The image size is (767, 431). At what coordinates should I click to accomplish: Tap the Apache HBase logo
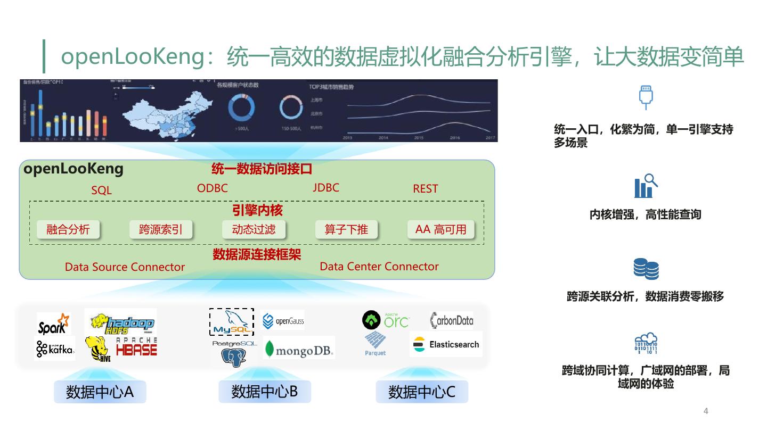click(x=136, y=346)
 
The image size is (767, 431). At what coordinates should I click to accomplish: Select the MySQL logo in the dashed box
click(x=231, y=322)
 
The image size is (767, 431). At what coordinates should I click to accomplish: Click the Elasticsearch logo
click(x=446, y=344)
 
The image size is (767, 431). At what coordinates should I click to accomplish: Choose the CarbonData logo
click(x=451, y=320)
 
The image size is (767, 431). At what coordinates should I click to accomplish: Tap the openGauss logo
click(x=283, y=321)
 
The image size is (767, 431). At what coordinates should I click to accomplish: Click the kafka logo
click(x=55, y=349)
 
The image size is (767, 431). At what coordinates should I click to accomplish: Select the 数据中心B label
click(x=264, y=392)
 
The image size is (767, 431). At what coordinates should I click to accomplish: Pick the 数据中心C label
click(x=421, y=392)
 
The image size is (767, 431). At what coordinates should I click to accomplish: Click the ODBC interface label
click(x=212, y=188)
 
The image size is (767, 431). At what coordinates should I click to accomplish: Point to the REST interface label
click(x=425, y=188)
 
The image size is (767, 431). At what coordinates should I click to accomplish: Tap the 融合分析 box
click(x=68, y=229)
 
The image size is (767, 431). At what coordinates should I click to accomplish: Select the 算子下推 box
click(x=346, y=229)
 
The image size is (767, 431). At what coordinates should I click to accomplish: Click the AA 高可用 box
click(x=440, y=229)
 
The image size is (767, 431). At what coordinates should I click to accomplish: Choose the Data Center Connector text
click(x=379, y=266)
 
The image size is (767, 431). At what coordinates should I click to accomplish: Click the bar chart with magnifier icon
click(x=646, y=186)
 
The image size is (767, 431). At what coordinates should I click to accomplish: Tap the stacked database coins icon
click(x=646, y=269)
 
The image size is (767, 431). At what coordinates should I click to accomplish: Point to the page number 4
click(x=706, y=411)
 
